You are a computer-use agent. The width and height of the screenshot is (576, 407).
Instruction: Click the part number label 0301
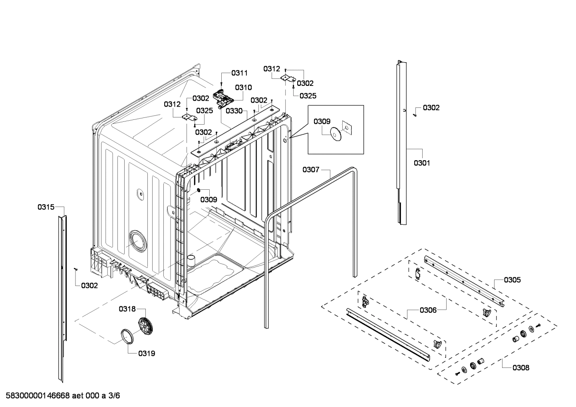422,163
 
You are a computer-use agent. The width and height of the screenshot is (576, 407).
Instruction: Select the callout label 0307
311,170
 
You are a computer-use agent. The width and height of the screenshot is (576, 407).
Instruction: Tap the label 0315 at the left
46,207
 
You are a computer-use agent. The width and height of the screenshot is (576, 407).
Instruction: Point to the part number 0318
127,309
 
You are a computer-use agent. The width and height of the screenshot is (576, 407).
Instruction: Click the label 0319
147,353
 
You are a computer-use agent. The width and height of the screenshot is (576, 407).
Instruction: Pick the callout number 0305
512,280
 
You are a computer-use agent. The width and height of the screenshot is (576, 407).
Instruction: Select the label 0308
521,368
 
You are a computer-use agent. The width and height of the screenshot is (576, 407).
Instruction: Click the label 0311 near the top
240,73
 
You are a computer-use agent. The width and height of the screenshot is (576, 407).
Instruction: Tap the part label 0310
243,87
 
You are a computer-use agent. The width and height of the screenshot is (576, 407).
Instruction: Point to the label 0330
234,111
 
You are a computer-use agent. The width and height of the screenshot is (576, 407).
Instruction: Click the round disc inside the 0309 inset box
335,134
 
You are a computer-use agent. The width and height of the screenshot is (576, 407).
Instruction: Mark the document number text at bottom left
61,396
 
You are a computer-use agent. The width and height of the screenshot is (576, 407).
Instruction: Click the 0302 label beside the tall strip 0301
431,108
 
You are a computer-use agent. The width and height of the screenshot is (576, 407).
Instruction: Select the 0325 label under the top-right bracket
308,96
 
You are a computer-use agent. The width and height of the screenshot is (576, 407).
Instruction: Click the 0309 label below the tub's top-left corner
209,199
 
